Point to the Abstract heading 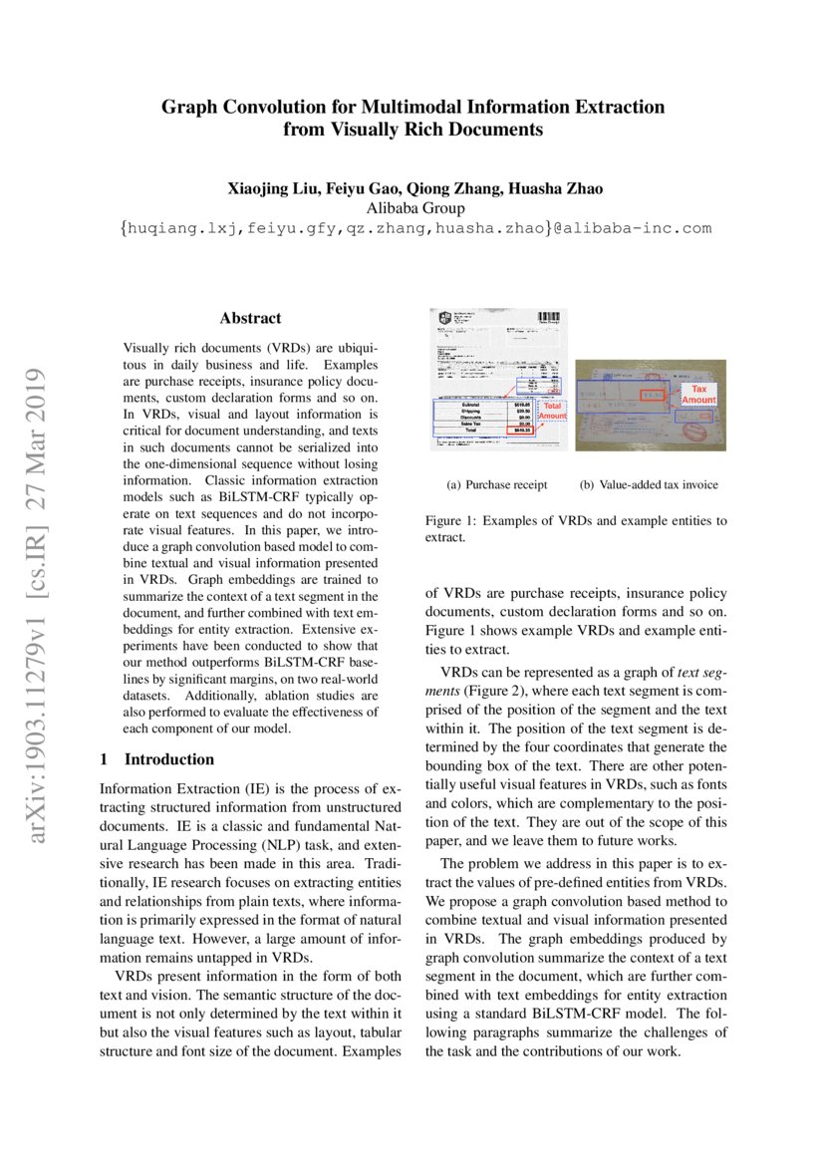(250, 319)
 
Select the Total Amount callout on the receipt (552, 411)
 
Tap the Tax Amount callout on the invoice (698, 395)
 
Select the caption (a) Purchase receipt (497, 485)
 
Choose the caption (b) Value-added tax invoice (649, 485)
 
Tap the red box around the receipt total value (520, 430)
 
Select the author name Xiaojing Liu (269, 188)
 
